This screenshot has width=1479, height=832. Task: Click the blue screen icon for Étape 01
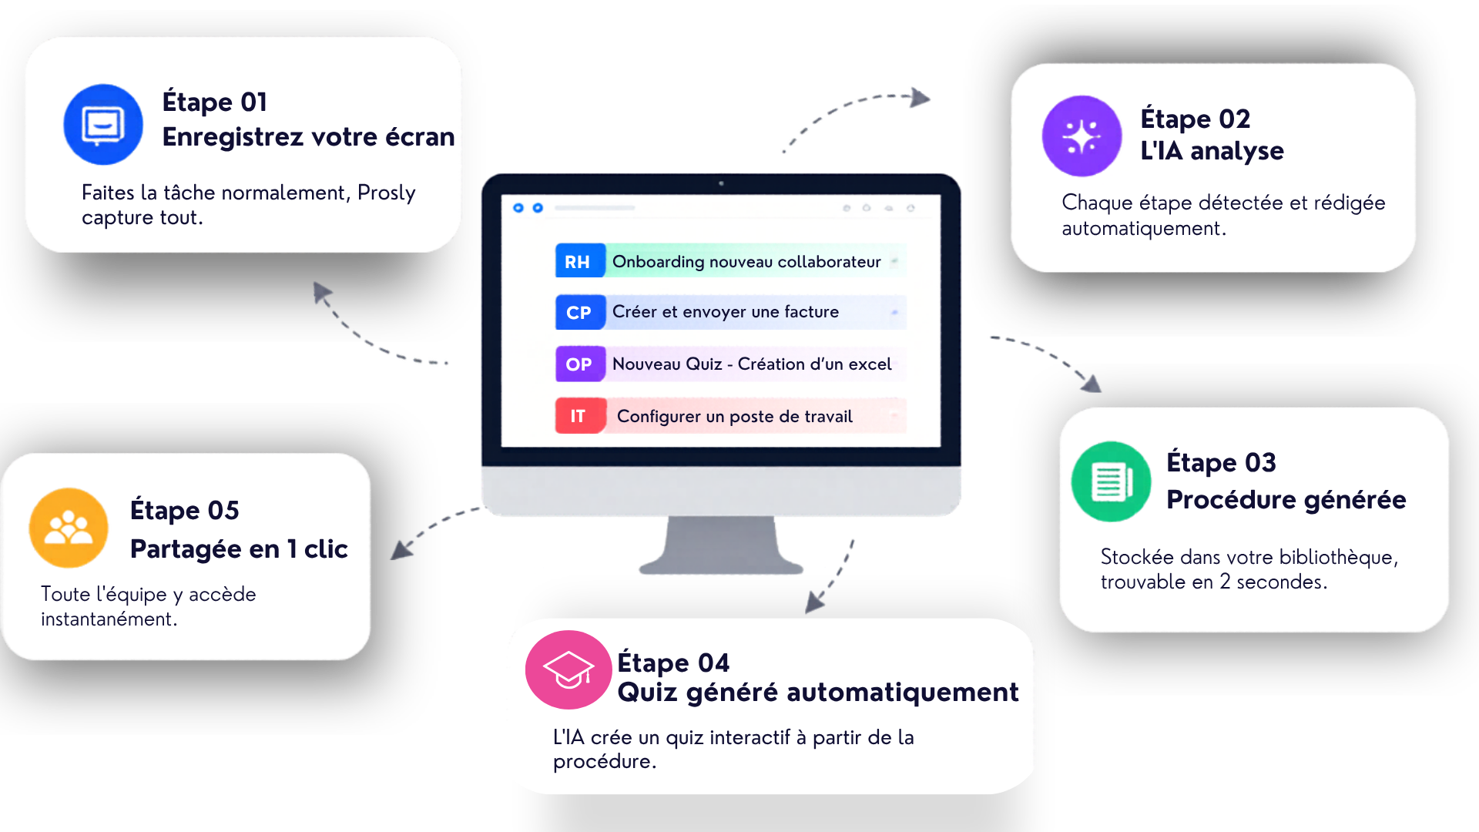[x=103, y=124]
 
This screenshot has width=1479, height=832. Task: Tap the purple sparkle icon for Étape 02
[x=1082, y=136]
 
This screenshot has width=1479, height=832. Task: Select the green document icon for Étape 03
[x=1111, y=481]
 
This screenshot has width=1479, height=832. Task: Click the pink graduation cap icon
[x=568, y=669]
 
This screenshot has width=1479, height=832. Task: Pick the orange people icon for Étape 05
[x=69, y=528]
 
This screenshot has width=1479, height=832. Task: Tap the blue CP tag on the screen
[x=579, y=312]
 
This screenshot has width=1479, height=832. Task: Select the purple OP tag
[x=579, y=364]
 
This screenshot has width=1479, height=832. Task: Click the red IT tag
[x=579, y=416]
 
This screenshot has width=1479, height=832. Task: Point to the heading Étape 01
[x=214, y=102]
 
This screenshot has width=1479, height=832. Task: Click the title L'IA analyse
[x=1212, y=151]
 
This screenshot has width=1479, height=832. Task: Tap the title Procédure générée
[x=1286, y=499]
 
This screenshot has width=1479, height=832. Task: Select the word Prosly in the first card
[x=386, y=193]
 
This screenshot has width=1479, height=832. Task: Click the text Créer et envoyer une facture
[x=725, y=312]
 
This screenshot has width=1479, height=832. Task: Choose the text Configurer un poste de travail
[x=734, y=417]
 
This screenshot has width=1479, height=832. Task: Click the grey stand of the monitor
[x=721, y=545]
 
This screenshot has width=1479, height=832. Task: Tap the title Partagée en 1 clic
[x=239, y=549]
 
